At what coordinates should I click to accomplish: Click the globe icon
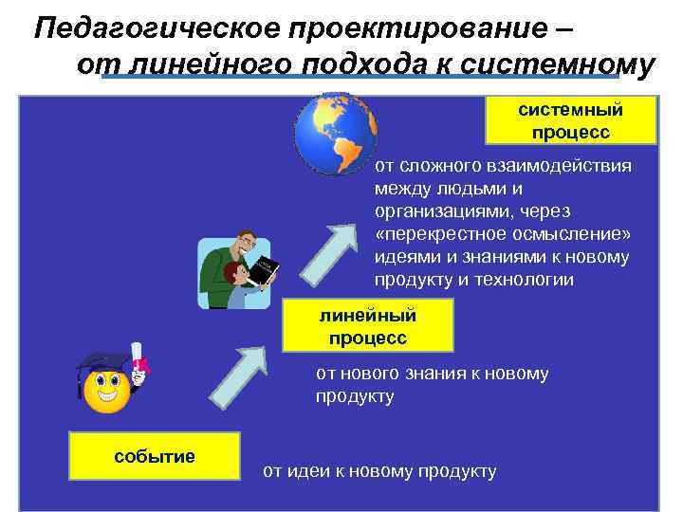[x=335, y=132]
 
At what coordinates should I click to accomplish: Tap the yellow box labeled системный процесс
[x=570, y=120]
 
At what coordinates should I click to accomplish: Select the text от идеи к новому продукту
[x=379, y=470]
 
